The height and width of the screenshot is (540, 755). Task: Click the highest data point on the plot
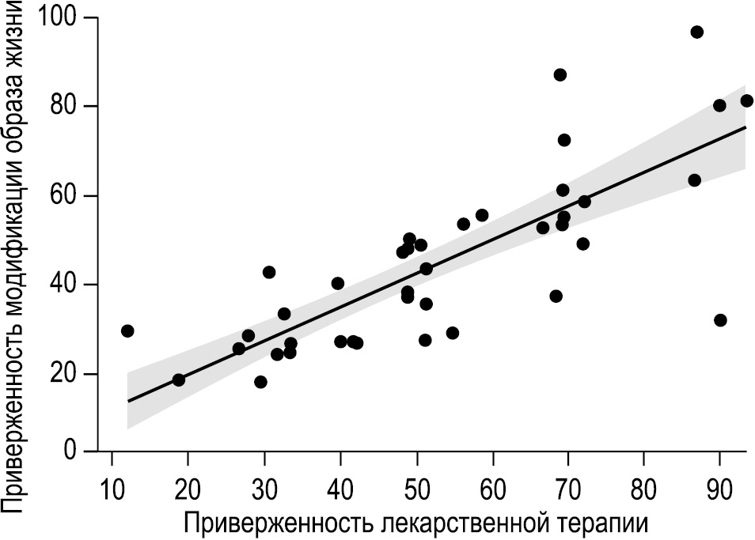696,32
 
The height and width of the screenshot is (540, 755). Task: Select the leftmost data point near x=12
127,330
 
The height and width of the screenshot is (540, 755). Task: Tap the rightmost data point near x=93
746,101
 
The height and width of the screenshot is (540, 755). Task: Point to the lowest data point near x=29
260,382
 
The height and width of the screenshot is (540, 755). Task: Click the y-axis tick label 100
57,17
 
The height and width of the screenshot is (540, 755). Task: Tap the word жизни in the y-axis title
18,40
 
